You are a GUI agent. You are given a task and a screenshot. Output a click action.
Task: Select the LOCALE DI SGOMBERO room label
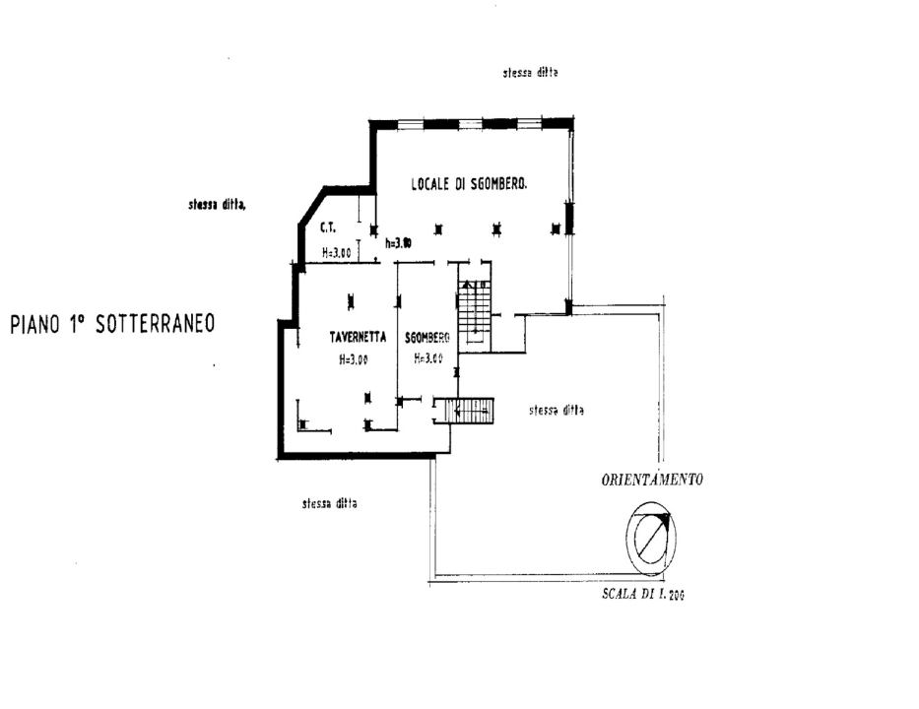469,184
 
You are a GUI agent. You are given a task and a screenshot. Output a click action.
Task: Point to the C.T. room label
328,229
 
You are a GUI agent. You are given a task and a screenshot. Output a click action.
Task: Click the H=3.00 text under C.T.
337,253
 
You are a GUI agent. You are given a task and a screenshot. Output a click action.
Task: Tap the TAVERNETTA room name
358,337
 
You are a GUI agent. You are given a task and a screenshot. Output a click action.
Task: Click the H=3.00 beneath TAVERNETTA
353,359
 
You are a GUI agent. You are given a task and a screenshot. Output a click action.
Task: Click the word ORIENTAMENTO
651,481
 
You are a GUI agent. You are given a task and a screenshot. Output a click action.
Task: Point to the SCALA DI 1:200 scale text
642,596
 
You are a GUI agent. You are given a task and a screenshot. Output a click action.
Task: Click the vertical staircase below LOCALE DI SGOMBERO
475,310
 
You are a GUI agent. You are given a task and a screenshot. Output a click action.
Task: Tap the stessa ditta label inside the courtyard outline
556,411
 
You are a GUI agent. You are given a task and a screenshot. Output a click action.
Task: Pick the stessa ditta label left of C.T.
217,205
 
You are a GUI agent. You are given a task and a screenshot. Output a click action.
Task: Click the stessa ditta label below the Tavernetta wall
329,504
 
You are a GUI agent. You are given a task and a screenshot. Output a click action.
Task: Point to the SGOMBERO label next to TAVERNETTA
427,337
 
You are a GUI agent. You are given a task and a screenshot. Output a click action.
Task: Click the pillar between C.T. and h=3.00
372,231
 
